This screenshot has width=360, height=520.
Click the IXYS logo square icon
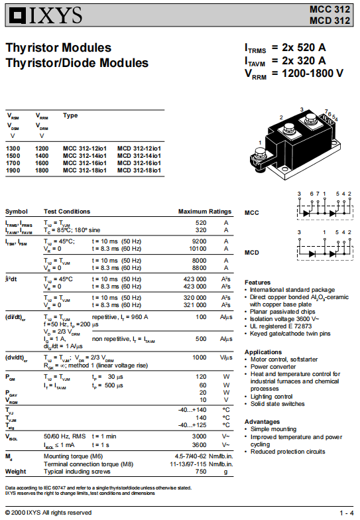[17, 16]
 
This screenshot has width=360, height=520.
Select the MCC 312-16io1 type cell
[85, 163]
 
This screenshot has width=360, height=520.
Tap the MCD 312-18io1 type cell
[139, 170]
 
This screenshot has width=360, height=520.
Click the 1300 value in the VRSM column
[13, 149]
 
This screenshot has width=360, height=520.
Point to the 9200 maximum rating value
[199, 241]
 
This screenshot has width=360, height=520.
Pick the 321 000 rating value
[195, 305]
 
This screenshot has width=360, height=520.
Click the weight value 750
[201, 472]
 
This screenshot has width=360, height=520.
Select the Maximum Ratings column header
[205, 212]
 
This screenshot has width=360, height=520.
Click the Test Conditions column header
[67, 212]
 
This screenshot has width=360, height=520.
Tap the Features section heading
[257, 283]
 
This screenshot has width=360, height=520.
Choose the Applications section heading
[263, 352]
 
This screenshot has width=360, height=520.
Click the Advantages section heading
[263, 422]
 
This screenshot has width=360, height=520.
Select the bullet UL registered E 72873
[281, 326]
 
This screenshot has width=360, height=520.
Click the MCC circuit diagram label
[252, 213]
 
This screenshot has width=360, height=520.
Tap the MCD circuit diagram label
[252, 253]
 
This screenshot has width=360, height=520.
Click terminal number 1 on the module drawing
[260, 143]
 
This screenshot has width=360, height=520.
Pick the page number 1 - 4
[347, 513]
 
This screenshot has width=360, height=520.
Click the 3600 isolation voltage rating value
[199, 445]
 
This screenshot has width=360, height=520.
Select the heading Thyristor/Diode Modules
[77, 63]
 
